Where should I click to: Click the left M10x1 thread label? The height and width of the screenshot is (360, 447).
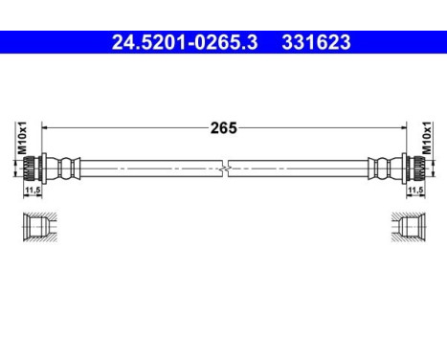click(20, 140)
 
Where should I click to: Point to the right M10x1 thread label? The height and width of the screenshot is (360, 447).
click(428, 140)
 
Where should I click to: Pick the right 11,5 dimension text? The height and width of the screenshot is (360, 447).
click(415, 191)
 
